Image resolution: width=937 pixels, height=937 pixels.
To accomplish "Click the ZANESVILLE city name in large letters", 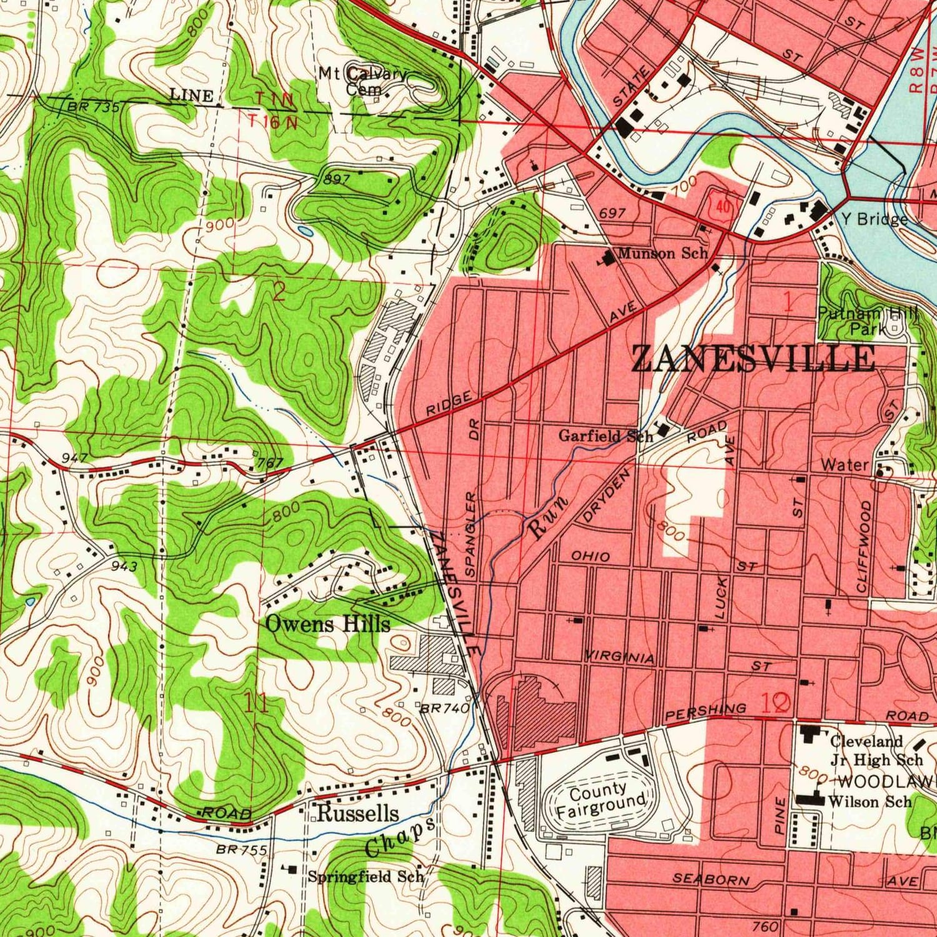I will pos(753,360).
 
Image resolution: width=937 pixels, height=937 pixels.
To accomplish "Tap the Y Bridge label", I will pos(874,219).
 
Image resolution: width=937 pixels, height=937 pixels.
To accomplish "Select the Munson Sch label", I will pos(662,253).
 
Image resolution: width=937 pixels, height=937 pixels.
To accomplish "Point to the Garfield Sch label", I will pos(605,435).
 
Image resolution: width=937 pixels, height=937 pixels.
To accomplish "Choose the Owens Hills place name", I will pos(328,623).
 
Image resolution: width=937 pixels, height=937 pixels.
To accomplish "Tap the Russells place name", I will pos(357,813).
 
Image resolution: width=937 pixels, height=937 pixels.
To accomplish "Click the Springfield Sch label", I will pos(365,876).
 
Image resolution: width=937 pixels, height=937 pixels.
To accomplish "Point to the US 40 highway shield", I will pos(723,207).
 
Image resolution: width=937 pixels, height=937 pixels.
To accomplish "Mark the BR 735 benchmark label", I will pos(93,107).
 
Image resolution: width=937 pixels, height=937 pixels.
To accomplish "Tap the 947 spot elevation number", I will pos(74,459).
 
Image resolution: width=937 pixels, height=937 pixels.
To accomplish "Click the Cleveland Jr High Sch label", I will pos(875,750).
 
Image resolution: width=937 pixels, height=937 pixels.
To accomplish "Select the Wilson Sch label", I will pos(869,801).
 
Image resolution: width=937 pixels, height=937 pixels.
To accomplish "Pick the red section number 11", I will pos(257,703).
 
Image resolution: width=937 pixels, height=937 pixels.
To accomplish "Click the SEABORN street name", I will pos(710,879).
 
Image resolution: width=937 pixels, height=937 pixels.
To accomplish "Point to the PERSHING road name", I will pos(705,711).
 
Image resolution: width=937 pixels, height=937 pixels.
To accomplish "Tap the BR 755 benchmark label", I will pos(242,850).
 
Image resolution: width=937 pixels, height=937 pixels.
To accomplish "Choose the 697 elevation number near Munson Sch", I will pos(612,213).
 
